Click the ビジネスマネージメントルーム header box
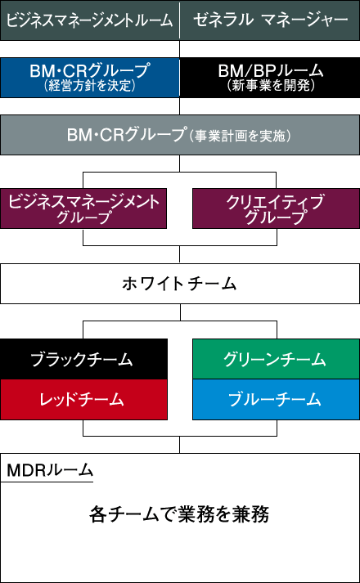tap(90, 20)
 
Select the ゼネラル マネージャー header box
tap(270, 20)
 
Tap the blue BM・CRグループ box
tap(90, 78)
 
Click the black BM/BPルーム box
tap(270, 78)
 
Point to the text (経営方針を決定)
tap(89, 86)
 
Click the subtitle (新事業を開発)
tap(271, 86)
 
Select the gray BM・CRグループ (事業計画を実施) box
tap(180, 135)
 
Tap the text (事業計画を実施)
tap(239, 136)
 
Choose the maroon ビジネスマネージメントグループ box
tap(83, 209)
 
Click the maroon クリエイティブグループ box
tap(277, 209)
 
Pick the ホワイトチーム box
tap(180, 284)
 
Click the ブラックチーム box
tap(83, 359)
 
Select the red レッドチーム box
tap(83, 400)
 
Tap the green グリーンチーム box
tap(277, 359)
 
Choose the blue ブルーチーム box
tap(277, 400)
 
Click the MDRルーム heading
tap(49, 471)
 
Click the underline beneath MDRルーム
tap(47, 482)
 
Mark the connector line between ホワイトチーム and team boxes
tap(180, 312)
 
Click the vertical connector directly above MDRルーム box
tap(180, 444)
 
